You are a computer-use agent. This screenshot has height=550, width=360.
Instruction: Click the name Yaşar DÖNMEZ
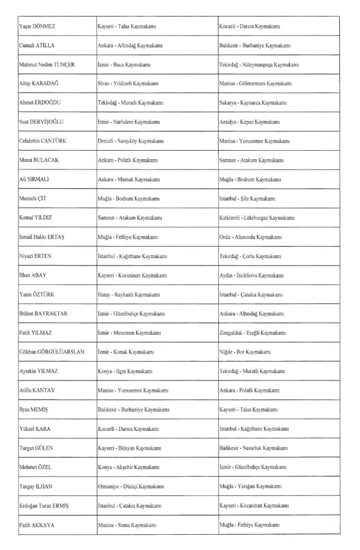[37, 26]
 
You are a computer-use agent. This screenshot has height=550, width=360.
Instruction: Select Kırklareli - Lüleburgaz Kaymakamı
[257, 218]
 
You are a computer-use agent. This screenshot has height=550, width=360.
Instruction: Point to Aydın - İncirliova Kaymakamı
[250, 276]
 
